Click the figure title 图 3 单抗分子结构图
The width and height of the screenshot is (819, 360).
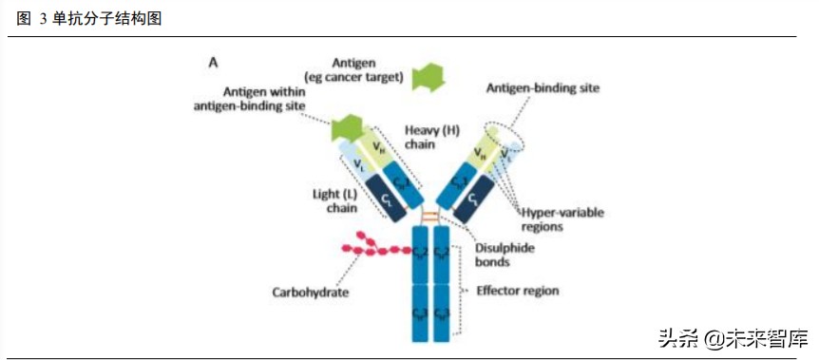89,18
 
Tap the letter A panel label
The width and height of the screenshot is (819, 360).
214,63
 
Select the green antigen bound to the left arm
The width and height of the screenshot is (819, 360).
345,127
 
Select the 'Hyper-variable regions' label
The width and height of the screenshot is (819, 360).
562,219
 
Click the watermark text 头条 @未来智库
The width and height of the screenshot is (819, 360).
733,338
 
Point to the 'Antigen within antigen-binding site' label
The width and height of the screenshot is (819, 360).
250,99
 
